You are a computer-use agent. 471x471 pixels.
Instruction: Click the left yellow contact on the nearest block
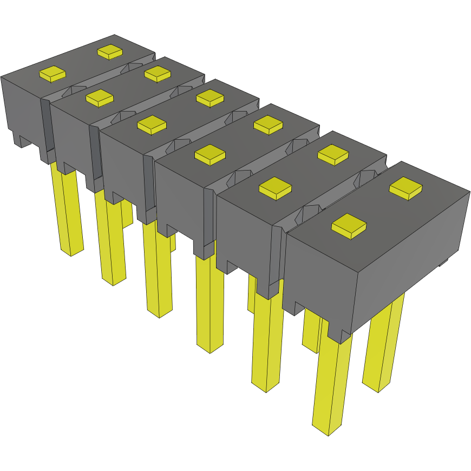click(x=349, y=225)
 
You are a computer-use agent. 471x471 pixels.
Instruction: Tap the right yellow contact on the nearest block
click(x=406, y=187)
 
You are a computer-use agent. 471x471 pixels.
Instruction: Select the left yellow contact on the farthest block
click(x=53, y=74)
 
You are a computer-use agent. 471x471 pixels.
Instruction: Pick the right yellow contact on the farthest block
click(x=110, y=52)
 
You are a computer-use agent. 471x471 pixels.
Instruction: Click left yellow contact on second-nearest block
click(x=275, y=188)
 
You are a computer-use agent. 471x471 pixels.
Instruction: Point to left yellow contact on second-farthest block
click(x=99, y=97)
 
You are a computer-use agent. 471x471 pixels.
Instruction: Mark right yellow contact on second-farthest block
click(x=158, y=74)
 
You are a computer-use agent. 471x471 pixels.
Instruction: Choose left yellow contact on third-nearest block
click(x=210, y=155)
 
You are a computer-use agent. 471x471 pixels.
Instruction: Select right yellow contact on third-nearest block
click(x=268, y=125)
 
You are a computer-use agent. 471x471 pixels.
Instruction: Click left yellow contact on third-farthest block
click(x=152, y=125)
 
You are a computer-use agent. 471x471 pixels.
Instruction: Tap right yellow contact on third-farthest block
click(x=210, y=97)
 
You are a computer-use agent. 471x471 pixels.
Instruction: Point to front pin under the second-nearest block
click(x=267, y=341)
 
